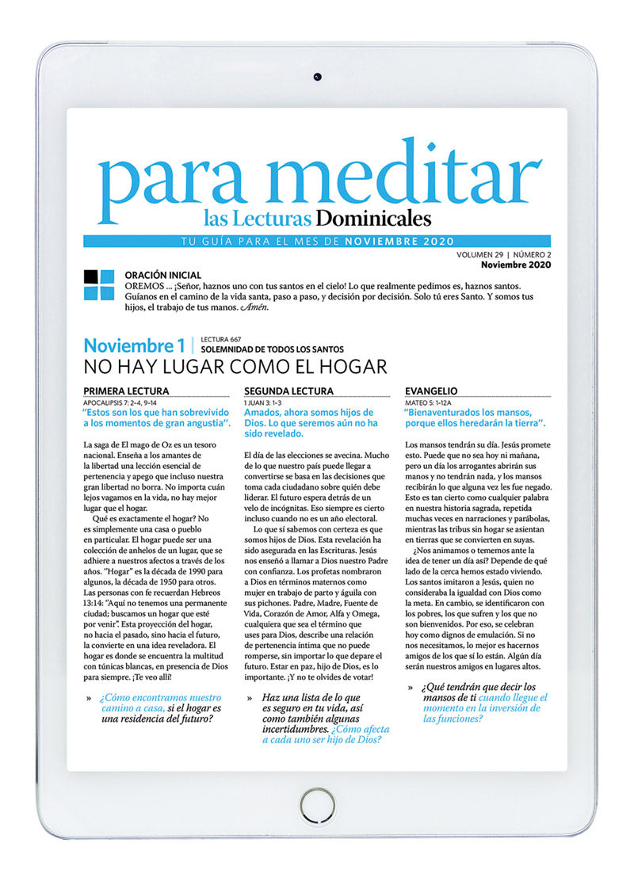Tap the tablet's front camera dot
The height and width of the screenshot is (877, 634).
tap(317, 77)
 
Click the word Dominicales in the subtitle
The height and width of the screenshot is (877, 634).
tap(373, 217)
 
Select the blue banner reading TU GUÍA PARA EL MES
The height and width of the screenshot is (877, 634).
tap(317, 242)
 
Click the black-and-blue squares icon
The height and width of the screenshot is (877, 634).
tap(99, 285)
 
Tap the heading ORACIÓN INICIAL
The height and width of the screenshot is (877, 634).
tap(162, 275)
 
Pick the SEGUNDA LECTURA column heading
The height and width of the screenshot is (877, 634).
tap(288, 391)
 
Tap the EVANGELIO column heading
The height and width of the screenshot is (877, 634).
tap(430, 391)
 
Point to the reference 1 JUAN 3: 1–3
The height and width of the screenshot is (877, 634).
tap(265, 402)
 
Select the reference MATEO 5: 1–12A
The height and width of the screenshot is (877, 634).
tap(429, 402)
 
